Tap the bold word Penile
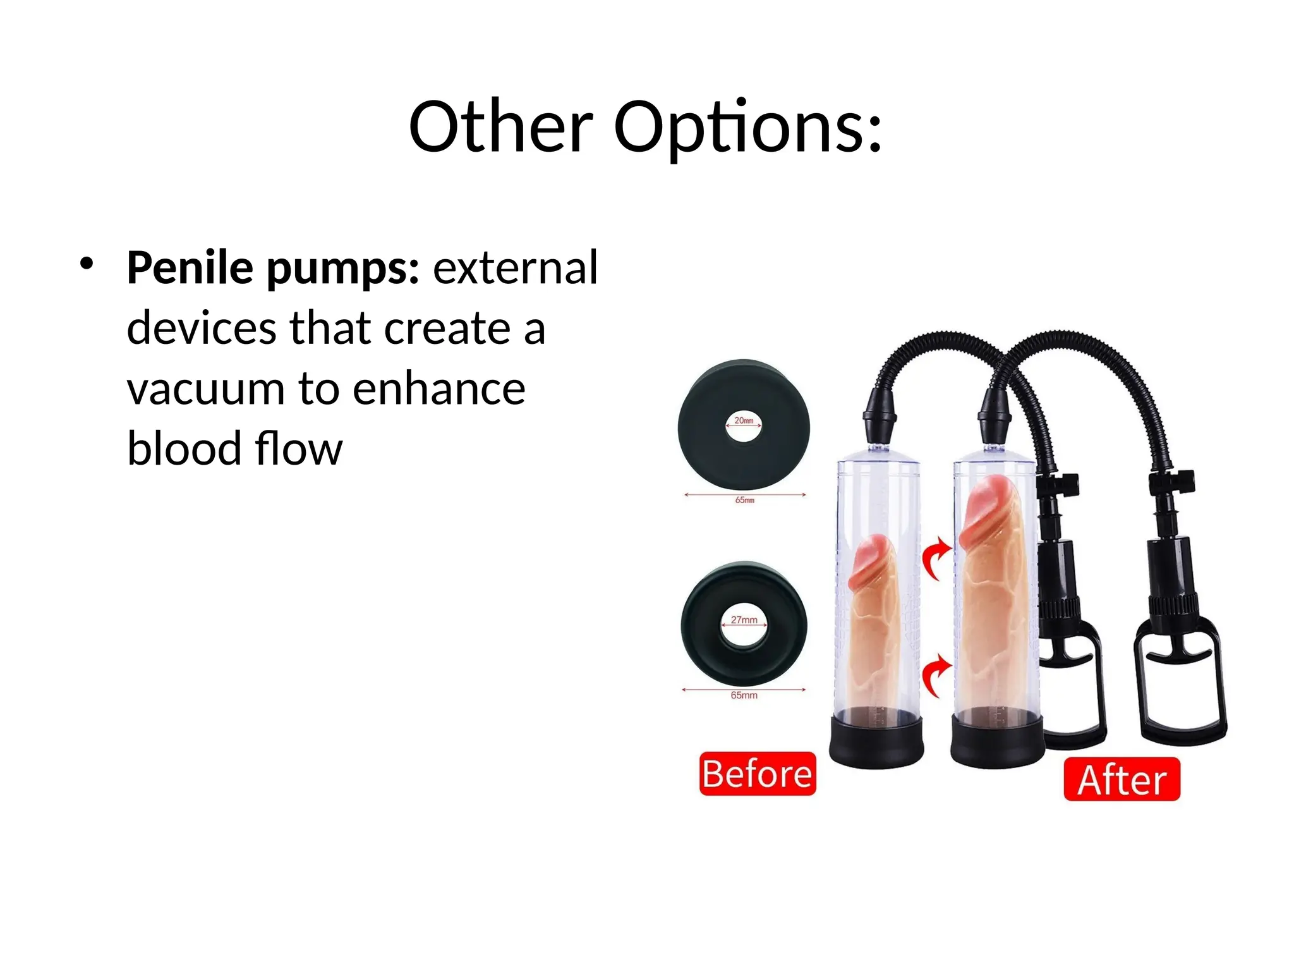[x=190, y=268]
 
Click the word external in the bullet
[x=515, y=268]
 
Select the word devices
[x=202, y=328]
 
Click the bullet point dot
[x=87, y=264]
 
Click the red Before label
[x=757, y=774]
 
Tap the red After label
[x=1122, y=779]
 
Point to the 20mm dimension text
[x=744, y=420]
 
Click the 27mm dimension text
[x=744, y=620]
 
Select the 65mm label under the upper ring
[x=744, y=500]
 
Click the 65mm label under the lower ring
[x=744, y=695]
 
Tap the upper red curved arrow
[x=936, y=558]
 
